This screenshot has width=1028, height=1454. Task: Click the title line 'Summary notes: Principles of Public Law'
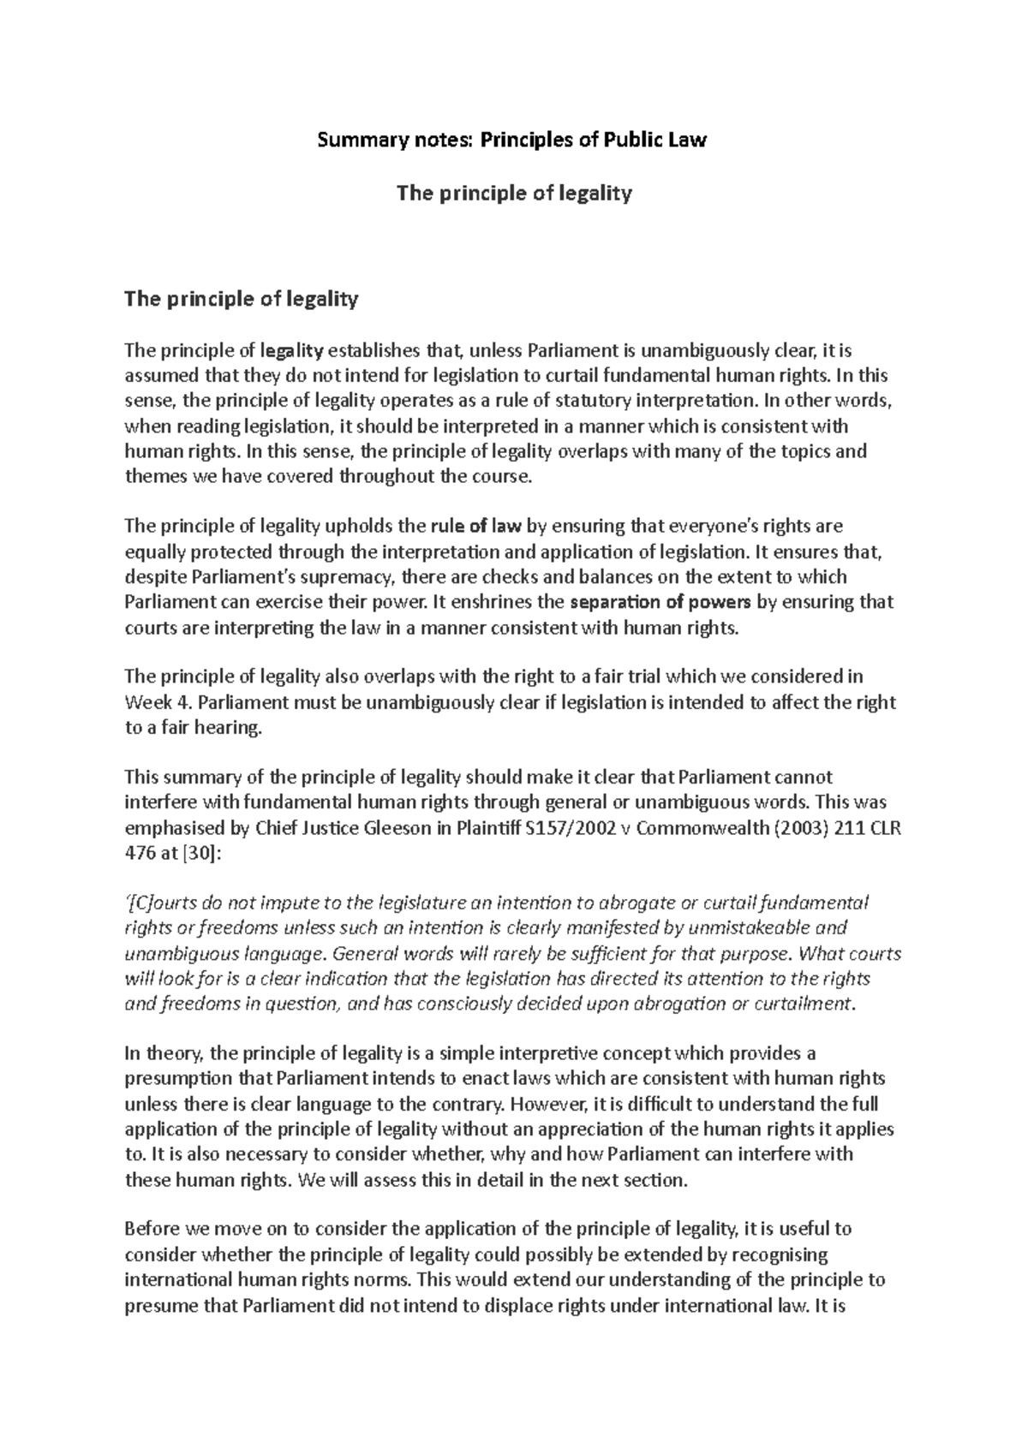click(512, 140)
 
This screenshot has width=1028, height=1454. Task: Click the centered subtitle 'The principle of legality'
click(512, 194)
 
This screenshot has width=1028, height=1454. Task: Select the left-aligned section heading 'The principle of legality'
click(241, 299)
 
